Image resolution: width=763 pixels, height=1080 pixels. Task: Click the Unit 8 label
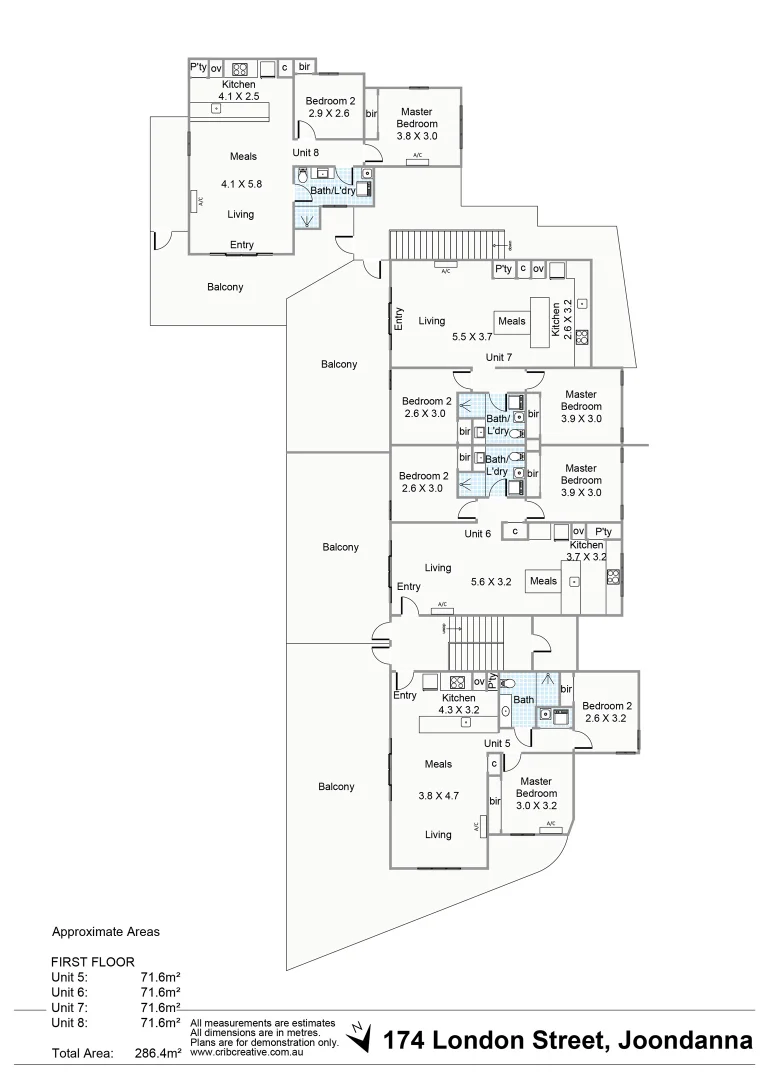pos(305,153)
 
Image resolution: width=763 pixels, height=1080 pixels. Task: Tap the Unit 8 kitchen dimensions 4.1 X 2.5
pos(239,97)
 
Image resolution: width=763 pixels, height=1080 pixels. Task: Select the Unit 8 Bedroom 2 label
pos(329,101)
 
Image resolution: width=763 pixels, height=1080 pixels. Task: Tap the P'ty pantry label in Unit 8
pos(198,68)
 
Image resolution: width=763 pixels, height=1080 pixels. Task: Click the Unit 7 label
pos(498,357)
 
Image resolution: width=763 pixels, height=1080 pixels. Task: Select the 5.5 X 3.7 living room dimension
pos(472,337)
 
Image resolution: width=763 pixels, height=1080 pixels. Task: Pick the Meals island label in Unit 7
pos(511,321)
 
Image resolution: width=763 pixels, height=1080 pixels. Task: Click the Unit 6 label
pos(477,534)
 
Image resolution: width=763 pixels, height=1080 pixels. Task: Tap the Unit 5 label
pos(497,743)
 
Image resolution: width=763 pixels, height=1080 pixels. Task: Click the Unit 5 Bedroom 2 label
pos(607,705)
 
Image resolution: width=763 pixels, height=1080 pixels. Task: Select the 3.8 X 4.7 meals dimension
pos(438,797)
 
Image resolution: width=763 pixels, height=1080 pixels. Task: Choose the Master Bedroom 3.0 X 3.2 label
pos(536,793)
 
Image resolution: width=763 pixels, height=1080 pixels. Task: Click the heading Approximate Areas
pos(105,931)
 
